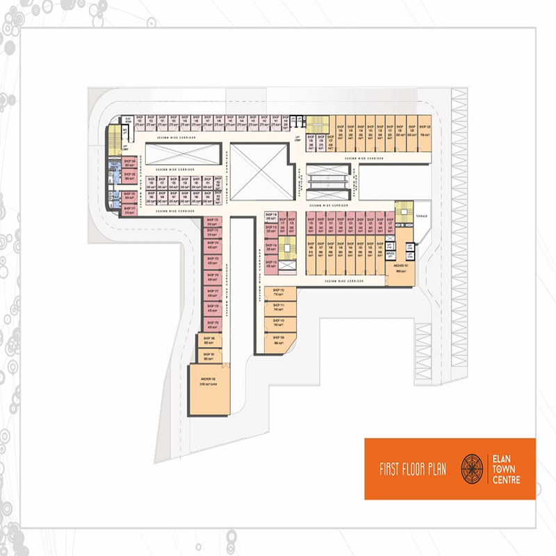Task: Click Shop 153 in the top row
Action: tap(139, 120)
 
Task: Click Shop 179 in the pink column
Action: tap(211, 325)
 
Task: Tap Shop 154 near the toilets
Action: tap(129, 163)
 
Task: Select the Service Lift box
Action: tap(391, 255)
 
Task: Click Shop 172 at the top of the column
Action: tap(211, 222)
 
